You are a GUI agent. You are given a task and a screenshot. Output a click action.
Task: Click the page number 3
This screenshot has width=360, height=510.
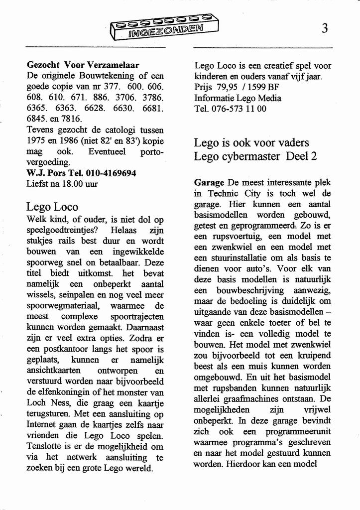(x=324, y=28)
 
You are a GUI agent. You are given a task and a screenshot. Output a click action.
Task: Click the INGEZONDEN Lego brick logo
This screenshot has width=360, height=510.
(x=164, y=27)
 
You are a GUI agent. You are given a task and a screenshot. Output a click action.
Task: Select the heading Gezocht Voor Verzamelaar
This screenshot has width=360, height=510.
(x=83, y=65)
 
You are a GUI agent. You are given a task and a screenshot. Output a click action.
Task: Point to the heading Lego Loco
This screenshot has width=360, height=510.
(x=52, y=207)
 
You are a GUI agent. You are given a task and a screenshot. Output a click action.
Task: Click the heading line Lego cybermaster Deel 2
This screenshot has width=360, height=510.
(x=255, y=156)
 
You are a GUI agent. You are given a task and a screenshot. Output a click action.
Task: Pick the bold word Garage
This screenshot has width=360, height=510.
(x=209, y=183)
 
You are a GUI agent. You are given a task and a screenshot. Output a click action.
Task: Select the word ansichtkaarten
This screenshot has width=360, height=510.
(x=54, y=371)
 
